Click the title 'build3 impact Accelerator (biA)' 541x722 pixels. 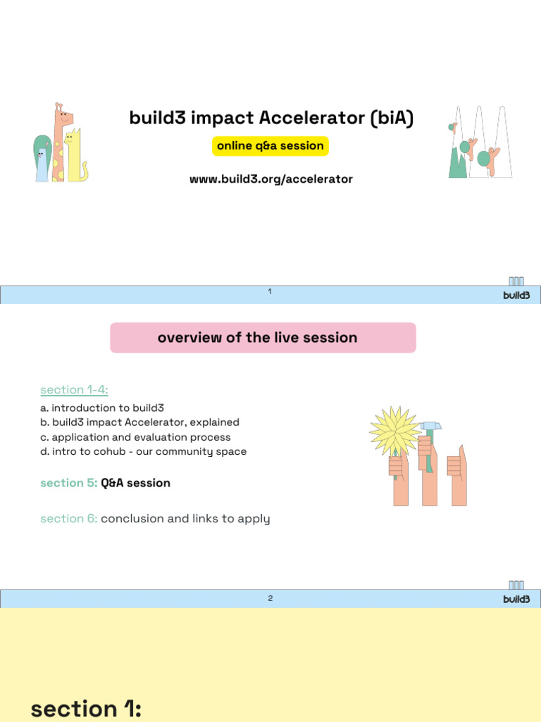point(271,118)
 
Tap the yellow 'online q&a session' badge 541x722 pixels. point(270,146)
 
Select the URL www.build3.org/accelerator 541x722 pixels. point(270,179)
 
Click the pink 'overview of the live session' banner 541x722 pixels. point(263,338)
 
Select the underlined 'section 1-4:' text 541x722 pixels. point(74,390)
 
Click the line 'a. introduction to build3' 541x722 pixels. point(108,408)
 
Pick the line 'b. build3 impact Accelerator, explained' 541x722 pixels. point(145,422)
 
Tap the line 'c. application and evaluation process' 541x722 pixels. point(141,437)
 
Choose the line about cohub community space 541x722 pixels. point(149,451)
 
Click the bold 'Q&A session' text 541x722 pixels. point(135,483)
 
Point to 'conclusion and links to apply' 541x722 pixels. point(185,519)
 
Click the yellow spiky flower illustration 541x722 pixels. point(394,430)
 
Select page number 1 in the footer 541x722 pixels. point(270,291)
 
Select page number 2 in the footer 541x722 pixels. point(270,598)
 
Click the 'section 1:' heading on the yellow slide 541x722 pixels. point(86,708)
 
